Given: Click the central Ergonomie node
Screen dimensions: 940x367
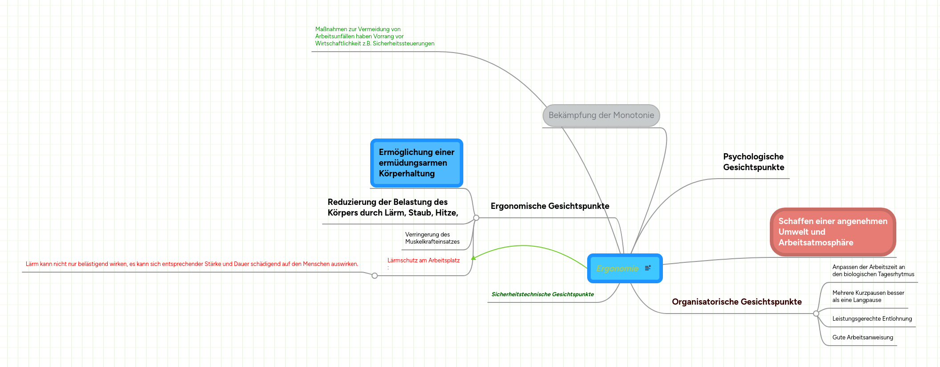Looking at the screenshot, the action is (x=625, y=268).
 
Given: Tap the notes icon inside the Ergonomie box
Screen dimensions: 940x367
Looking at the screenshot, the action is (x=648, y=268).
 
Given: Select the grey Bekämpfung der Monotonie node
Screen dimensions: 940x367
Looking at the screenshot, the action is (x=601, y=115).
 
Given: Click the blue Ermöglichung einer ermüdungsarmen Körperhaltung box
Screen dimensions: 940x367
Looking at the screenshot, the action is (x=417, y=163).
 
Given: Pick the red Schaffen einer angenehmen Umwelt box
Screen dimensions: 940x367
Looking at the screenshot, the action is (x=833, y=232).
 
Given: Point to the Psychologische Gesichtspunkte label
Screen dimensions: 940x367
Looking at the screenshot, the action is (x=753, y=162).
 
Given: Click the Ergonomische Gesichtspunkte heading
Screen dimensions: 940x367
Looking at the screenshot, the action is (x=550, y=206).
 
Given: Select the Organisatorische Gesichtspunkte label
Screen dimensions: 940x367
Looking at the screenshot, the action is (x=736, y=302).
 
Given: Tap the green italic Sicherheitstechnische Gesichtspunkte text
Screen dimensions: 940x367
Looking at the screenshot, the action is (x=543, y=294).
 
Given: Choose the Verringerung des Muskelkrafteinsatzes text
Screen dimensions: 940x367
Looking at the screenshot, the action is (x=432, y=238).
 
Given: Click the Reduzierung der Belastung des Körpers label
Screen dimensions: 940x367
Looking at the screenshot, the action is (x=393, y=208).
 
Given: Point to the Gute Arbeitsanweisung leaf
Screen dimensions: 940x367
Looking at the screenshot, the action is (x=862, y=338).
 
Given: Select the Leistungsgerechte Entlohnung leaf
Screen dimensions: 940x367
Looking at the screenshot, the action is (x=872, y=319).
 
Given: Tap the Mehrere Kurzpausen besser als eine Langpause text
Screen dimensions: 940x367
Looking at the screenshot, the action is (x=868, y=297).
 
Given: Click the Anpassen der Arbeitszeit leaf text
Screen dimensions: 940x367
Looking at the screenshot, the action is (x=873, y=271).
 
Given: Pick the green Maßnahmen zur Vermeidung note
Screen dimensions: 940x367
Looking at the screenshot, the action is (x=375, y=37).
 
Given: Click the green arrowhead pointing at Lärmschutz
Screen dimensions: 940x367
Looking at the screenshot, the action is (x=473, y=258).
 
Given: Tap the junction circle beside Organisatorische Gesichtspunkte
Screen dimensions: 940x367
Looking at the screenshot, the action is (x=816, y=314).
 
